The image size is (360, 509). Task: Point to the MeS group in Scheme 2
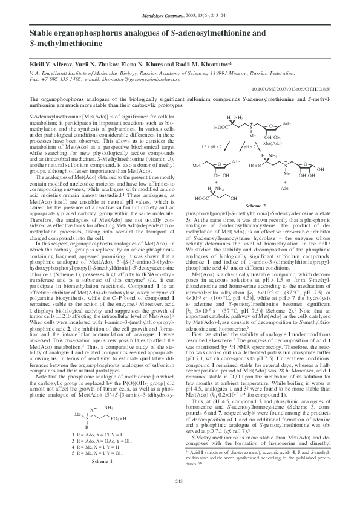[x=197, y=164]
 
